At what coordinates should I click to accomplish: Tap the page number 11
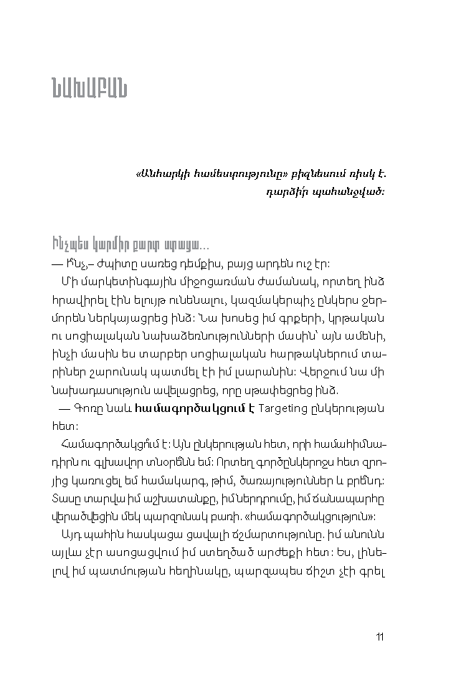380,636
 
